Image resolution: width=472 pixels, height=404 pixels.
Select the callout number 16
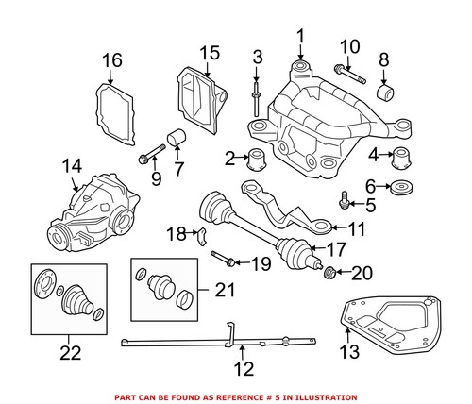tap(112, 61)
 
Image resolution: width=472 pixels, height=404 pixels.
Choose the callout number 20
tap(362, 275)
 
